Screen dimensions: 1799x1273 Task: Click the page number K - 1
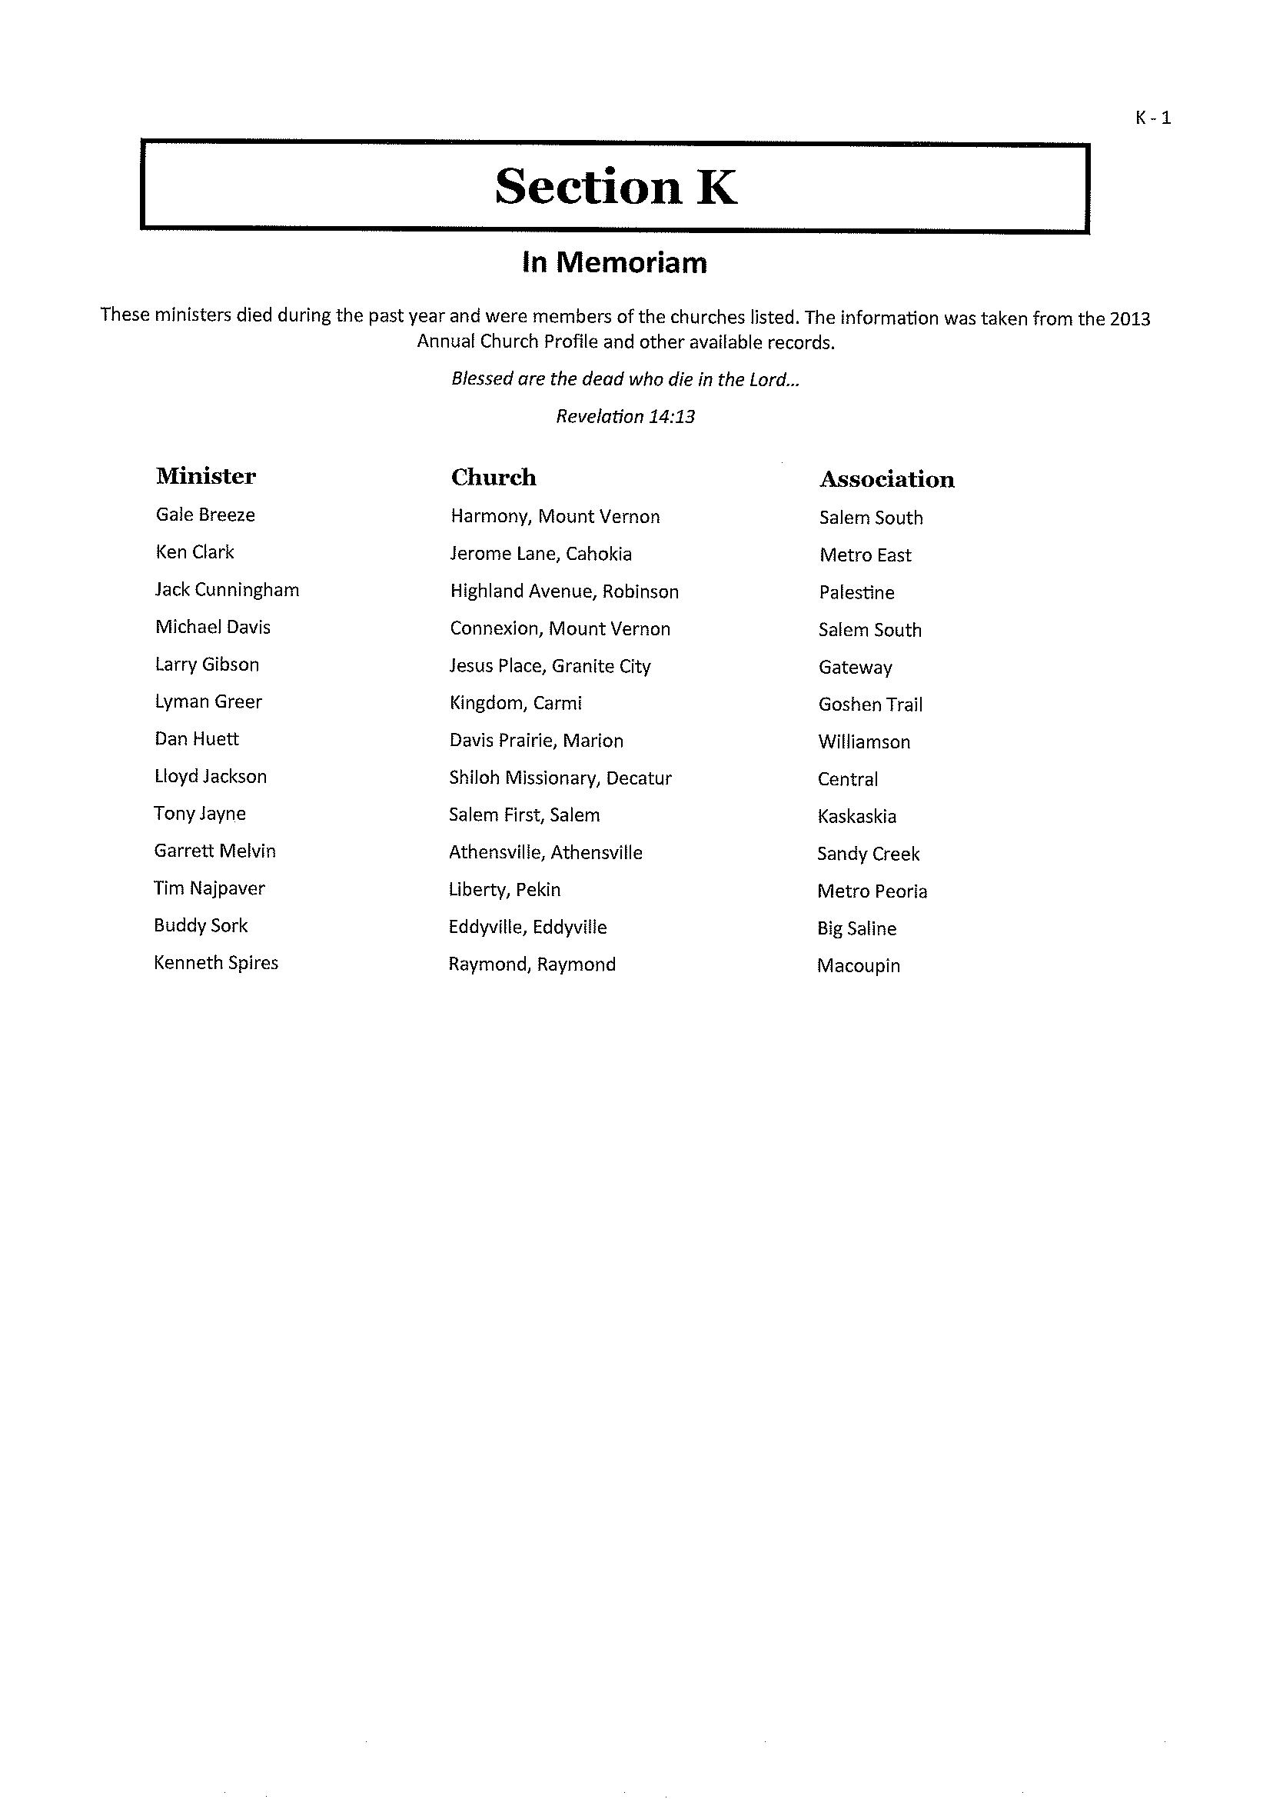1152,118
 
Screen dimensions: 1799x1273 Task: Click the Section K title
615,187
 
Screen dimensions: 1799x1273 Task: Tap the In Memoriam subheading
614,263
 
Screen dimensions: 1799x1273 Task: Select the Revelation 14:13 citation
626,416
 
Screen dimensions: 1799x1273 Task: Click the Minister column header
206,476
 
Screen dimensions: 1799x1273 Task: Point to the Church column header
494,478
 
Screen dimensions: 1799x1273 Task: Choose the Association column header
886,479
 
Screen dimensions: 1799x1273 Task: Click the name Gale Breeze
205,515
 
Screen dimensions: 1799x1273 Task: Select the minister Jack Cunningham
228,590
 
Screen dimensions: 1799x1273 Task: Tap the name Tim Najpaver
209,888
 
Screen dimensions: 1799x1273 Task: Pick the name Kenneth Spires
216,963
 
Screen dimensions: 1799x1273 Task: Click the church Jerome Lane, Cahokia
541,554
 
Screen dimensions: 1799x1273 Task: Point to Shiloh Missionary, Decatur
560,778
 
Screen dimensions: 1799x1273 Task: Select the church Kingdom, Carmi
516,703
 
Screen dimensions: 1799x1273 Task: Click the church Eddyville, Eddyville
527,927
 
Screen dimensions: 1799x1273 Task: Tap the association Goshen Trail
870,705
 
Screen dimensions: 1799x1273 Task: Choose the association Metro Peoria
872,891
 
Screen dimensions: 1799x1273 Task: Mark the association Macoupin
859,965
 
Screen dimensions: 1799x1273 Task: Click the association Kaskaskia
857,816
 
